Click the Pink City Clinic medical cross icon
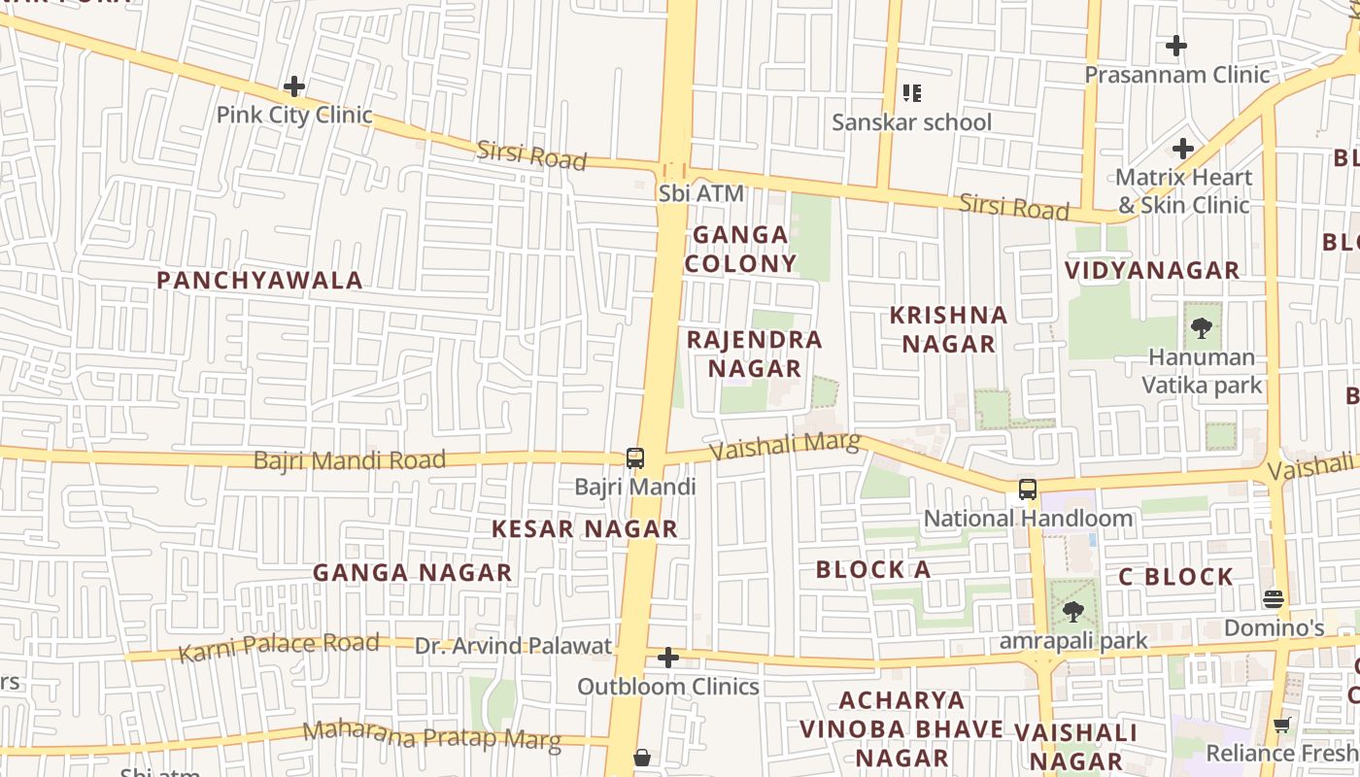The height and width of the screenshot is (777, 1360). pyautogui.click(x=293, y=87)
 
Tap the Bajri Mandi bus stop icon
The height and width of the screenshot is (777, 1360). pyautogui.click(x=635, y=457)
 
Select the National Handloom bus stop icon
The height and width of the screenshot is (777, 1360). pyautogui.click(x=1028, y=490)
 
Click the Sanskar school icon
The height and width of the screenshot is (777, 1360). pyautogui.click(x=911, y=93)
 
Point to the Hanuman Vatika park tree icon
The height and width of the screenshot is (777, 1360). pyautogui.click(x=1202, y=327)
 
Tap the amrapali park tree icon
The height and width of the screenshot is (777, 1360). pyautogui.click(x=1073, y=612)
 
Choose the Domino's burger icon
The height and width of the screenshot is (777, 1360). pyautogui.click(x=1274, y=599)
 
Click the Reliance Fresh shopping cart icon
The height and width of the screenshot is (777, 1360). pyautogui.click(x=1282, y=725)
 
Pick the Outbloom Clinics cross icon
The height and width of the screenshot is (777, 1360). pyautogui.click(x=668, y=659)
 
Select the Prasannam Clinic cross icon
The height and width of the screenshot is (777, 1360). pyautogui.click(x=1176, y=46)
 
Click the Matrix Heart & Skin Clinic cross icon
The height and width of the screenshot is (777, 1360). pyautogui.click(x=1182, y=149)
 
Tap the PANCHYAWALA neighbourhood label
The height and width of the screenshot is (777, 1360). pyautogui.click(x=259, y=281)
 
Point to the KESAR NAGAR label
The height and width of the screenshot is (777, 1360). pyautogui.click(x=584, y=529)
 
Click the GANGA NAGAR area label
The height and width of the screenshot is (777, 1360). pyautogui.click(x=412, y=573)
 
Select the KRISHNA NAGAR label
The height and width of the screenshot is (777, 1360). pyautogui.click(x=949, y=329)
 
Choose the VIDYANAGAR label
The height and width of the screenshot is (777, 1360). pyautogui.click(x=1152, y=271)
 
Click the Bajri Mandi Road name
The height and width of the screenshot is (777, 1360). pyautogui.click(x=350, y=459)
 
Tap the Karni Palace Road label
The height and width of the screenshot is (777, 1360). pyautogui.click(x=279, y=646)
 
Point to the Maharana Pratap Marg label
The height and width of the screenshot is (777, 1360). pyautogui.click(x=432, y=736)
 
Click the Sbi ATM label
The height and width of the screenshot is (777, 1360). pyautogui.click(x=701, y=193)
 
